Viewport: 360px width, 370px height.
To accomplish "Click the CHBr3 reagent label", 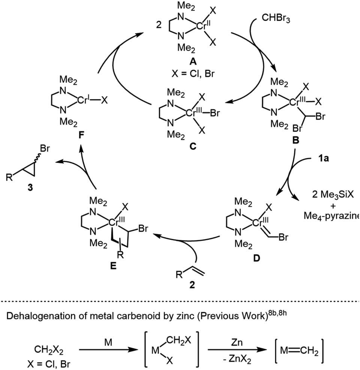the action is pos(276,18).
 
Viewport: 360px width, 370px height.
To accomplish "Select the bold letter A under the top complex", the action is pos(193,62).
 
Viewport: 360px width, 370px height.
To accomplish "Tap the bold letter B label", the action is pos(295,141).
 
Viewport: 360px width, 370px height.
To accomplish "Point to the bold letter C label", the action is pos(193,147).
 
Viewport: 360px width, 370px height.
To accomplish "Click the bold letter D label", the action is pos(256,258).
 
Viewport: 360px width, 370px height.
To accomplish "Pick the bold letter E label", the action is pos(113,266).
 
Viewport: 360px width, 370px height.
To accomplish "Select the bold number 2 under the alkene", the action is pos(192,285).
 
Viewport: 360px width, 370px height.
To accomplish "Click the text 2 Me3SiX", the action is pos(333,195).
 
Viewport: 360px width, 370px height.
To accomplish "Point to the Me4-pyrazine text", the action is pos(331,216).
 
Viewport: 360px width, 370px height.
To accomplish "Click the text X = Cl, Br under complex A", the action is pos(193,74).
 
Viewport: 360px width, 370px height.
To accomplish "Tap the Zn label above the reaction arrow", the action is pos(237,342).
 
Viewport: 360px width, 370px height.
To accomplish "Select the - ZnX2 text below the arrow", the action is pos(237,360).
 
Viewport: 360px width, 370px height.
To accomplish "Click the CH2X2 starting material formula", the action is pos(49,350).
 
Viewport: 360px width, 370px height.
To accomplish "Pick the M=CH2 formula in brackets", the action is pos(299,351).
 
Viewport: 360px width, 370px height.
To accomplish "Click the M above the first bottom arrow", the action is pos(108,342).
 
